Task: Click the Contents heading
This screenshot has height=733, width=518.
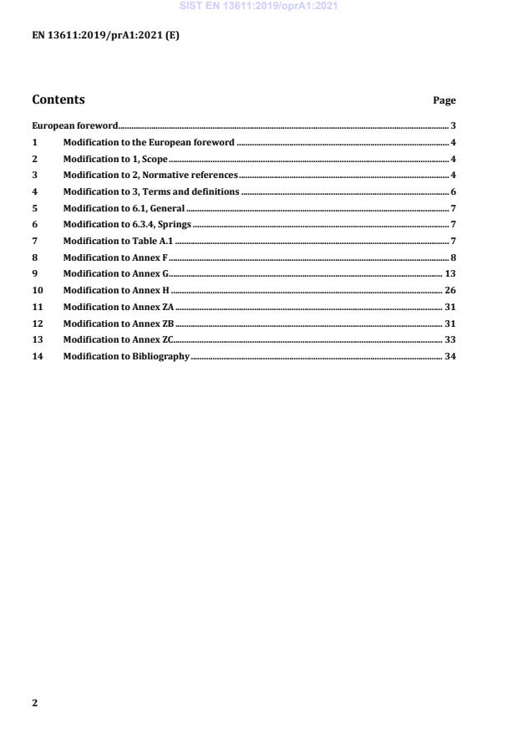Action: [58, 99]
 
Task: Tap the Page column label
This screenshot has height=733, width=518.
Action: [444, 100]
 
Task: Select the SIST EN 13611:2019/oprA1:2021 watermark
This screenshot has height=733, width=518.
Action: [258, 7]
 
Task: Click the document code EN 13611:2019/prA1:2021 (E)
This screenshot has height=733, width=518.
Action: [105, 35]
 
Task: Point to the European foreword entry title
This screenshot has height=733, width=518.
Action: [75, 125]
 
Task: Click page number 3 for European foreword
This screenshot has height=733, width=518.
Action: [453, 125]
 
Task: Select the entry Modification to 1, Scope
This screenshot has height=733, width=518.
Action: [115, 159]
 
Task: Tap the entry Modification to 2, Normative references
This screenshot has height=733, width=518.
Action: [150, 175]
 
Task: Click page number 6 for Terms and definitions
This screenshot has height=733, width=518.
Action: [453, 191]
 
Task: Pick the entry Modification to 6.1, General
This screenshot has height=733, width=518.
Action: [124, 208]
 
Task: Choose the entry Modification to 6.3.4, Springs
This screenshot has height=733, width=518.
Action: [128, 224]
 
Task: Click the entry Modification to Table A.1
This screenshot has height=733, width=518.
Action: [119, 241]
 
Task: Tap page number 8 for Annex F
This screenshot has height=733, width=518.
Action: [453, 257]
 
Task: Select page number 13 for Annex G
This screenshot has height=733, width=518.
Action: [450, 273]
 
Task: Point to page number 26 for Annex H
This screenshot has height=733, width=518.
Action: [450, 290]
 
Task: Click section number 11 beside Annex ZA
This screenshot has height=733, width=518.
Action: [37, 307]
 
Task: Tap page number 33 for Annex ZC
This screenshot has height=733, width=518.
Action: [450, 339]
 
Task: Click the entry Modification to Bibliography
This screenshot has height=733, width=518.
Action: [126, 356]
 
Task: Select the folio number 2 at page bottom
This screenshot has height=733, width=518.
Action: [35, 703]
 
